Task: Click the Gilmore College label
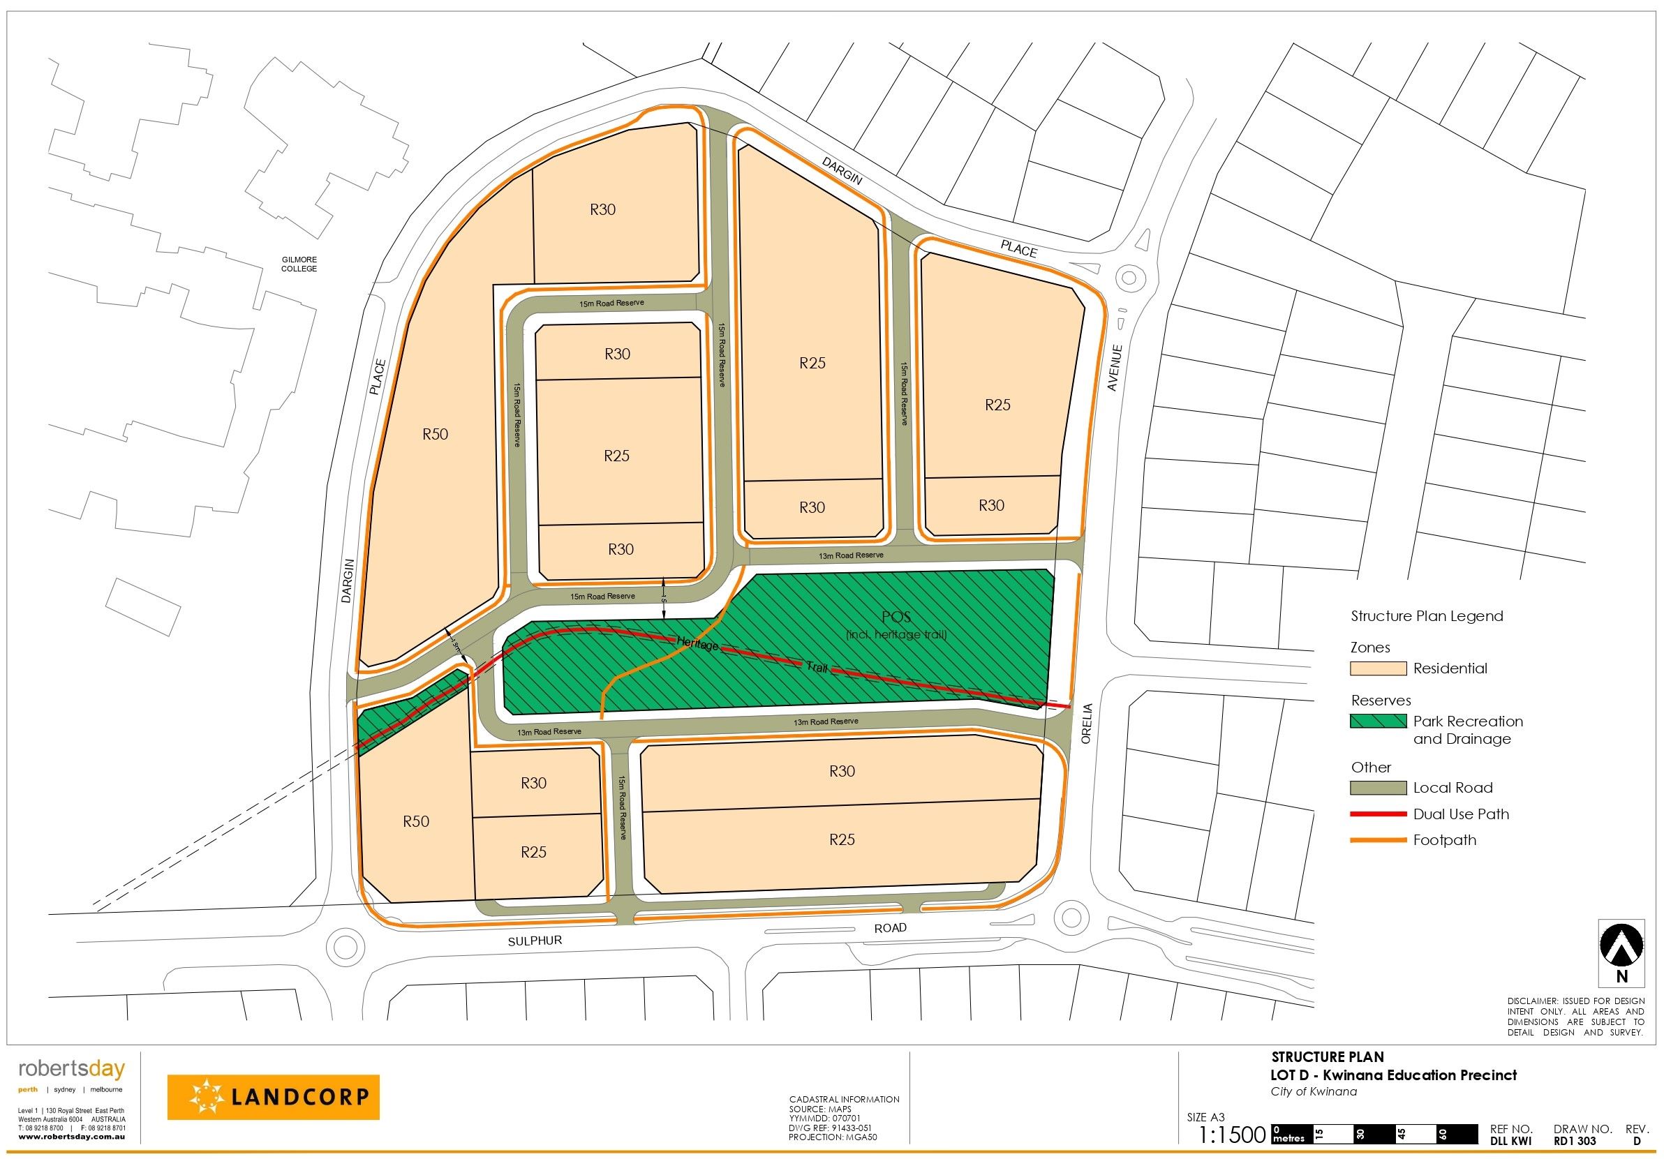(x=299, y=264)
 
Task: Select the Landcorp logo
(x=273, y=1098)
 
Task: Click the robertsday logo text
(x=72, y=1069)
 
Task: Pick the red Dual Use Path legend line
(x=1376, y=814)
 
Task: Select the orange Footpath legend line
(x=1376, y=840)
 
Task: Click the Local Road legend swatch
(x=1376, y=788)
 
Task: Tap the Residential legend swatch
(x=1376, y=668)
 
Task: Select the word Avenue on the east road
(x=1115, y=368)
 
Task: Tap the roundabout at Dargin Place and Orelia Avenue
(x=1128, y=277)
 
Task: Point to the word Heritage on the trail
(x=697, y=643)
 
